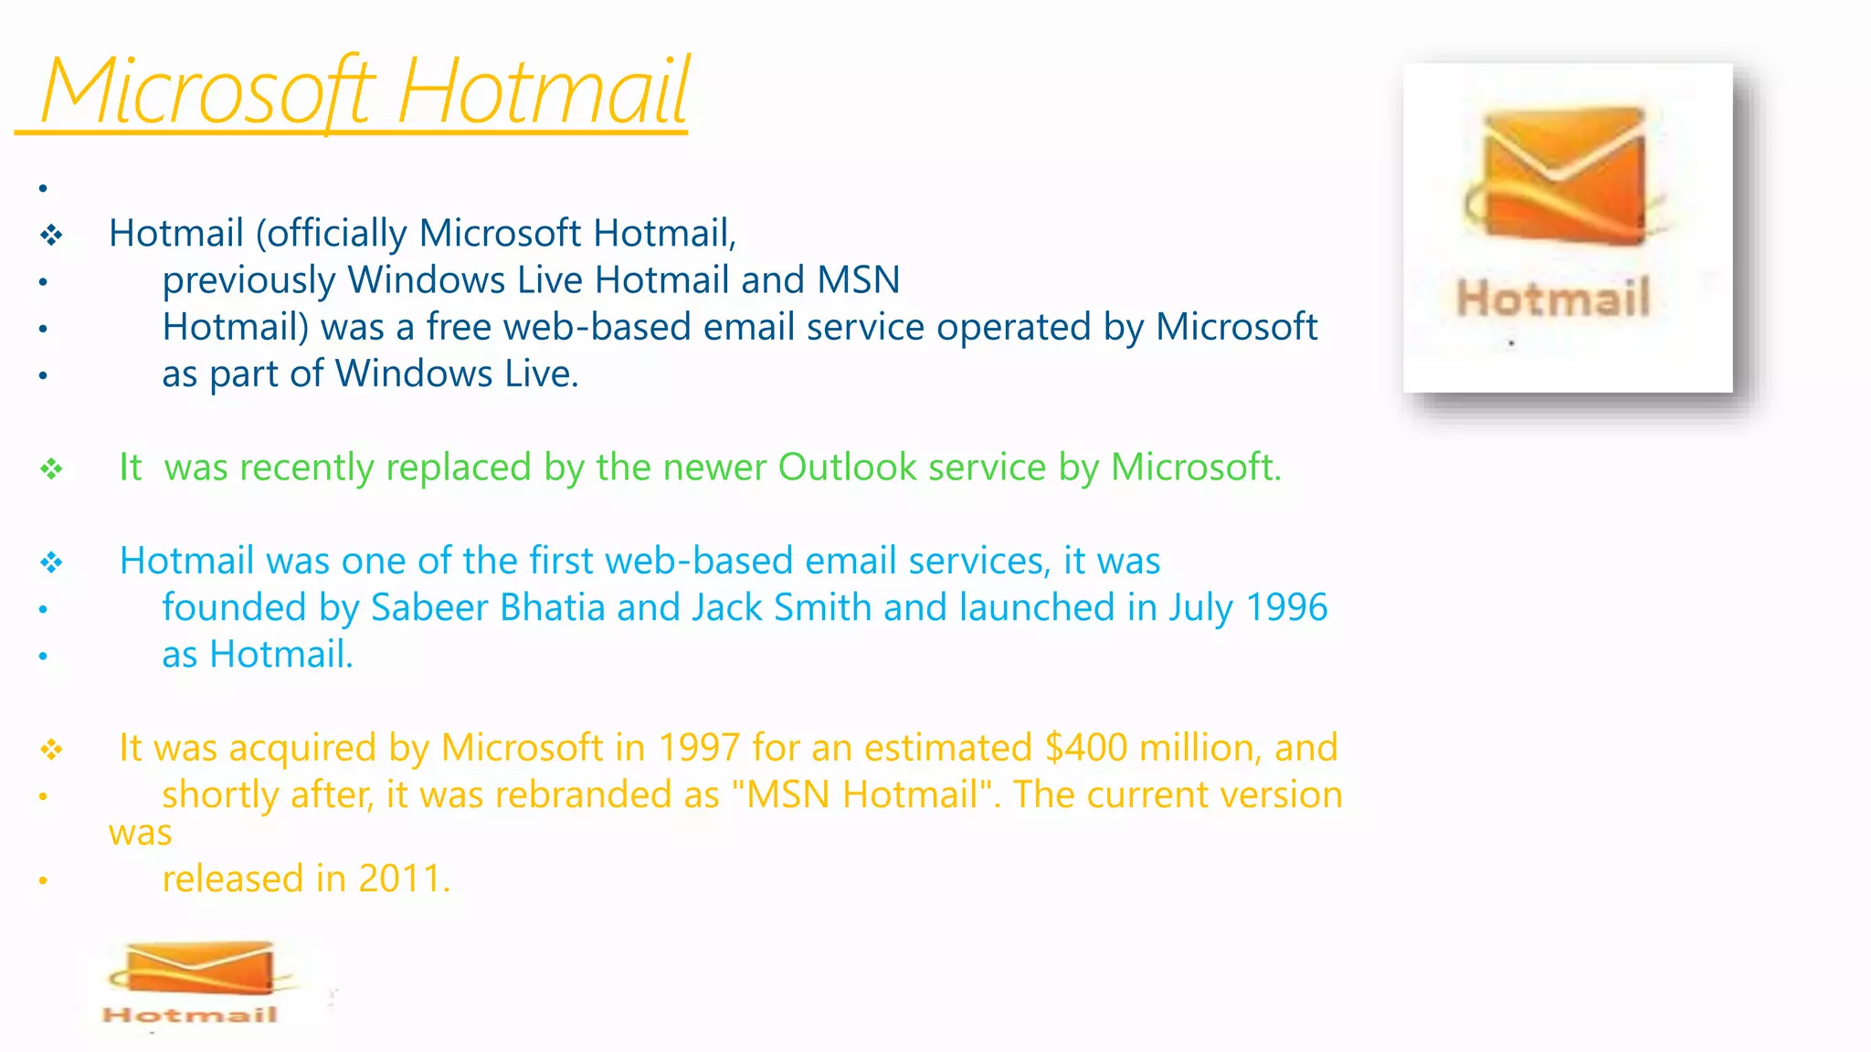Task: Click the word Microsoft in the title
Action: click(207, 91)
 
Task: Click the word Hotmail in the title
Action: click(544, 91)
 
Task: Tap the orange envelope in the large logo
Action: click(1564, 175)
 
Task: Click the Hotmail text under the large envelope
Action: click(1553, 298)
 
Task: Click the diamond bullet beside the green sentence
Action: click(51, 469)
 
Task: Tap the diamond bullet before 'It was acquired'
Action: click(51, 751)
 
